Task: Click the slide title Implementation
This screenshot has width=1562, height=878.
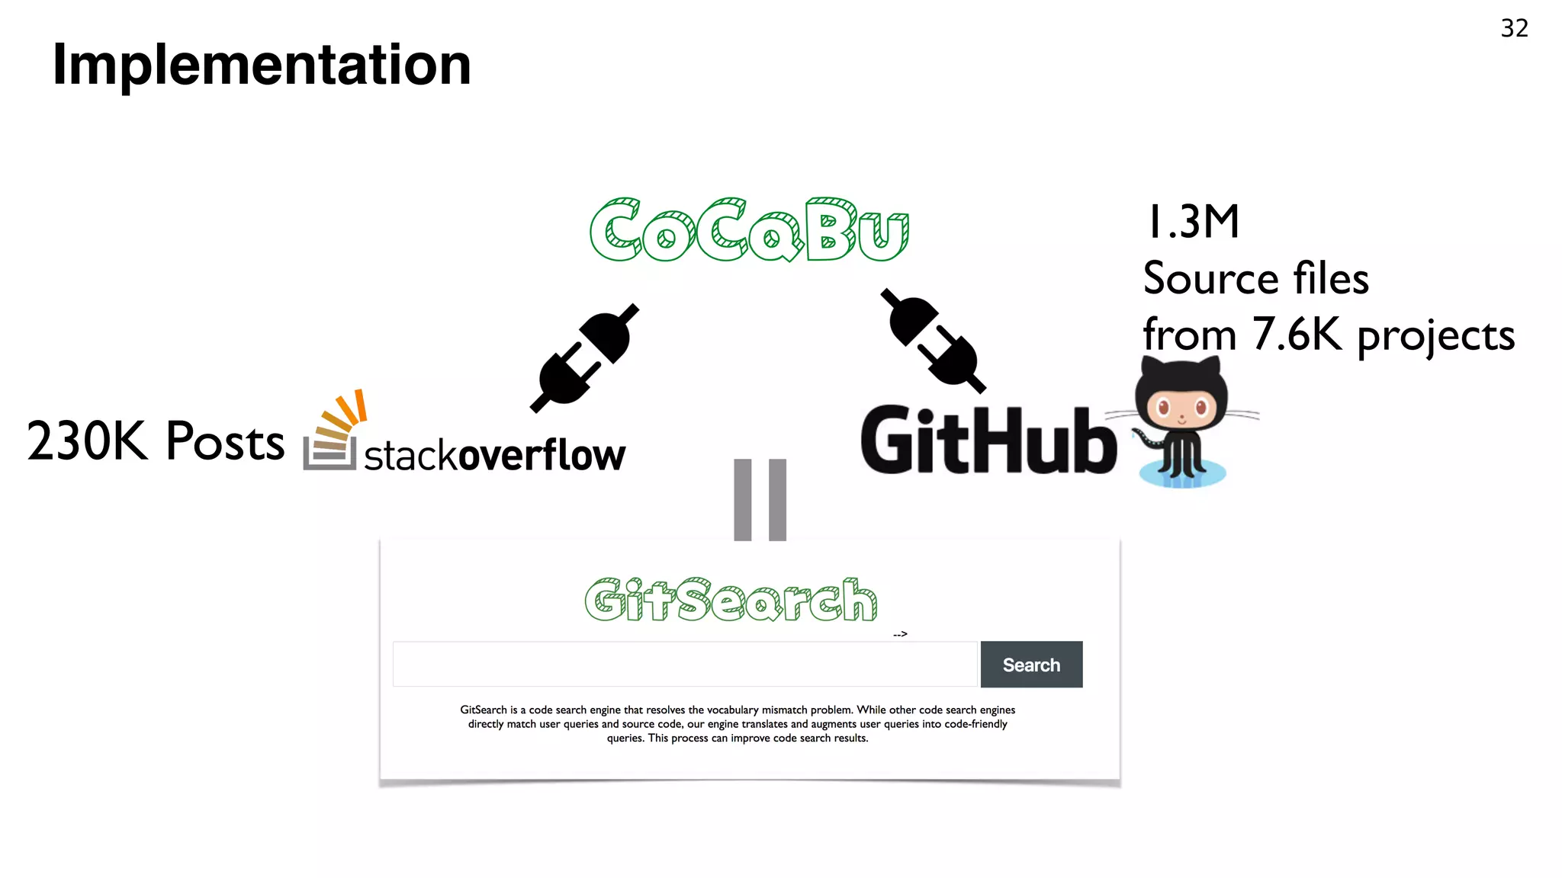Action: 262,65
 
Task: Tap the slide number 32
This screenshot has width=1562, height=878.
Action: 1514,28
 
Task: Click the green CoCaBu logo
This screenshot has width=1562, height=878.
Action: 749,229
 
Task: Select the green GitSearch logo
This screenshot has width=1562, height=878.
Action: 731,600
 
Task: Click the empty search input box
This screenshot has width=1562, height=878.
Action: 684,664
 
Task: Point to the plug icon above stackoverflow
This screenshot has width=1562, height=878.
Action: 584,358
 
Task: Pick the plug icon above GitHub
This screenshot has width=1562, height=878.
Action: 933,340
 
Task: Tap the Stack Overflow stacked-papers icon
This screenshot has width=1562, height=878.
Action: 333,432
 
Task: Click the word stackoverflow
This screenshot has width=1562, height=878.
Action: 494,455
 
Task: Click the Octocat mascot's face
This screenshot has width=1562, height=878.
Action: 1181,407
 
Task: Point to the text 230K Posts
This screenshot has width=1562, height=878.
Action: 156,441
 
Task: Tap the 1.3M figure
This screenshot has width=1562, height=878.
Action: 1193,222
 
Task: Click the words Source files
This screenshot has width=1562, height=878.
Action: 1255,278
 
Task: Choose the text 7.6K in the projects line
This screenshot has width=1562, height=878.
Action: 1297,334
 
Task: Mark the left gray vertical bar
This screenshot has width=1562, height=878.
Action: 743,499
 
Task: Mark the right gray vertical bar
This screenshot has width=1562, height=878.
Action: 777,499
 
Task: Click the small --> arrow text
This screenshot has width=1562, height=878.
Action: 900,634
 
